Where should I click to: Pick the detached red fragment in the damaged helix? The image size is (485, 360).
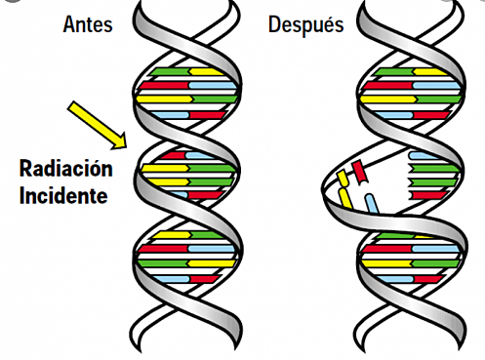pos(359,173)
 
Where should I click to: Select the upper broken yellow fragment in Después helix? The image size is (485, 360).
pos(344,180)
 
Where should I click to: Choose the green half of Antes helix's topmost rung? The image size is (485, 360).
pos(172,71)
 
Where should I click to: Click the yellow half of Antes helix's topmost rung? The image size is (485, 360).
pos(205,71)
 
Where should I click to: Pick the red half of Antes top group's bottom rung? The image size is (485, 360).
pos(207,115)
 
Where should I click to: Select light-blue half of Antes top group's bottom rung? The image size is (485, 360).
pos(174,115)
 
